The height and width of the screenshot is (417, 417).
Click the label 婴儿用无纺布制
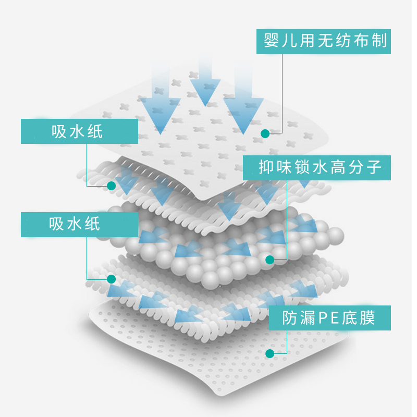pos(323,40)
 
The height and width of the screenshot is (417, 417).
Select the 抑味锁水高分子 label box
pos(317,167)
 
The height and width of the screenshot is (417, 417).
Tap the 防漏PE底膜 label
pos(329,317)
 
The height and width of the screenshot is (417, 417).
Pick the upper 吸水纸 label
pos(79,131)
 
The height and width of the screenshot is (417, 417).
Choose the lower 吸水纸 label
pos(76,224)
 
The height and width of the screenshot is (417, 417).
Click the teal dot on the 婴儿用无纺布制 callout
pos(265,133)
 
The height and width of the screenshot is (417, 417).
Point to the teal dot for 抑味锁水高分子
pos(269,259)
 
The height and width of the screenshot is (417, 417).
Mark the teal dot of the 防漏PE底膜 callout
pos(269,354)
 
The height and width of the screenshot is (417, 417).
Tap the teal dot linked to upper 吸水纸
pos(111,185)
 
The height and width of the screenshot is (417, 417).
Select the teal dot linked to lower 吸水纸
pos(111,279)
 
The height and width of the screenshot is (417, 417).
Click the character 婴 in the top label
pos(271,40)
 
